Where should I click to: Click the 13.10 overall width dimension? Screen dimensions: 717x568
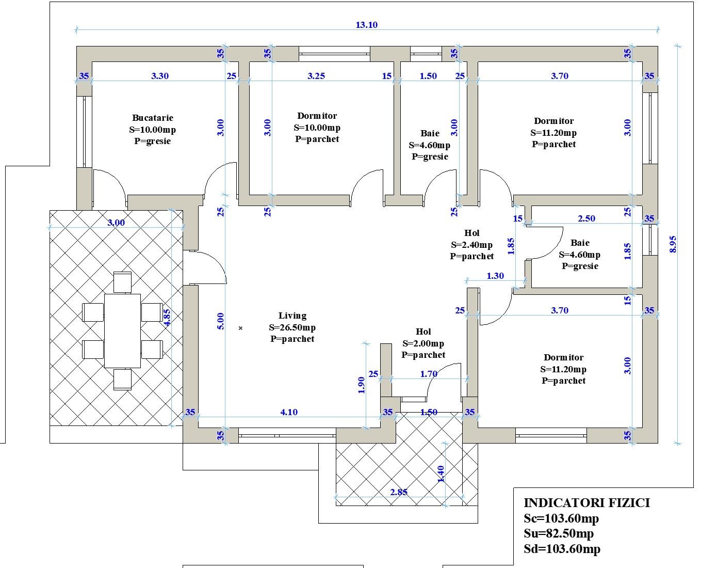367,25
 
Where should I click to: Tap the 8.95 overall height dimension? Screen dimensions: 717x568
673,244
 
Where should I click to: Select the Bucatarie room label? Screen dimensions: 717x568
153,118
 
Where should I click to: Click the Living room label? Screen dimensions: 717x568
292,315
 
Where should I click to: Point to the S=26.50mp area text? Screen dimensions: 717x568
292,327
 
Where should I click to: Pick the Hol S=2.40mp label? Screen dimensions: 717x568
472,244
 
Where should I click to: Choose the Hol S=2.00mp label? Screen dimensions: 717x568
423,343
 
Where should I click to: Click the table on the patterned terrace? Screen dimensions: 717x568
122,330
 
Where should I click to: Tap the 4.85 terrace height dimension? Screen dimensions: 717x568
167,318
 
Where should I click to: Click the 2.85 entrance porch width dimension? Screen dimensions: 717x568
399,492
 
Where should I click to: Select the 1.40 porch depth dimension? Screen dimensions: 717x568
441,474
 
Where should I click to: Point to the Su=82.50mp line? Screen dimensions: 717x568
559,533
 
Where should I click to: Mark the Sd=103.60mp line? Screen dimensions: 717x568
562,549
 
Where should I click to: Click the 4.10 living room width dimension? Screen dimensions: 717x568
289,412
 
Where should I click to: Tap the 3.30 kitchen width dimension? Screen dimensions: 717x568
160,76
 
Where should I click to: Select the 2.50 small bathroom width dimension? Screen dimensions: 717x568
586,219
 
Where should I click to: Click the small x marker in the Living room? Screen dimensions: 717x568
240,328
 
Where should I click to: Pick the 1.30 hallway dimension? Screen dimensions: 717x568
495,276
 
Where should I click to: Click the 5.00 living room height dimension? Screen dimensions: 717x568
221,321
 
